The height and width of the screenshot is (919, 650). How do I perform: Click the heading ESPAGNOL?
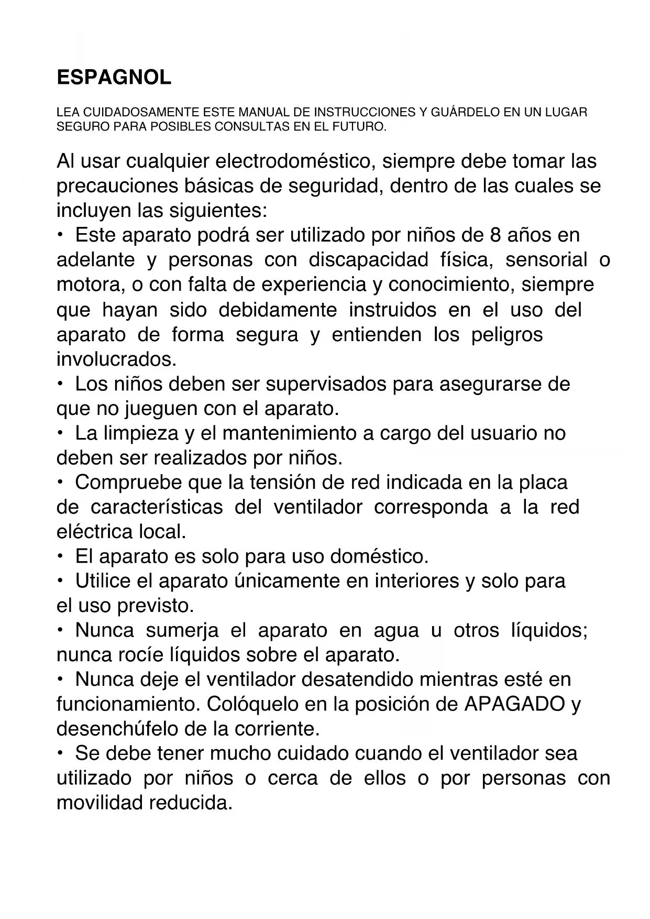pos(114,78)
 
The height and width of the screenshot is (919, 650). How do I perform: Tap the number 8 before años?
pos(495,235)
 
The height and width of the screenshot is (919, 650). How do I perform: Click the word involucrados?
pos(116,359)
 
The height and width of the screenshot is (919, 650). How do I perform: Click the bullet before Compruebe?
pos(61,481)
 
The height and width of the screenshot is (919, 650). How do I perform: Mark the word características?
pos(157,507)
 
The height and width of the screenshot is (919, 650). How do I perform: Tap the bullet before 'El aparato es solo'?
pos(61,555)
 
